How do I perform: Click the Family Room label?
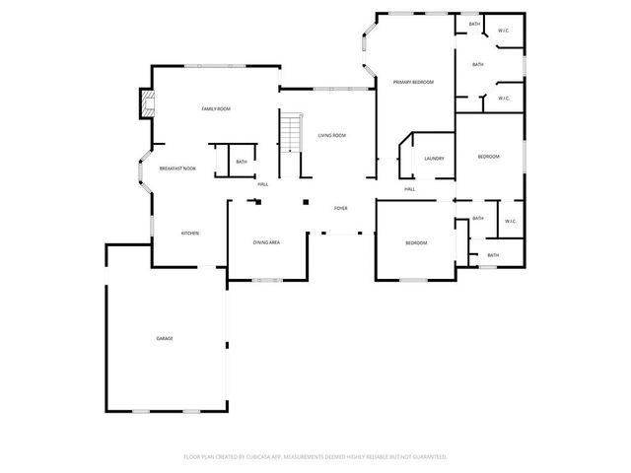point(215,108)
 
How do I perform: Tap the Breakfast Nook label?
point(177,169)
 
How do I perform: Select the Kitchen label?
point(189,233)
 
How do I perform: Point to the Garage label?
point(165,338)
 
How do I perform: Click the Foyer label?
point(340,208)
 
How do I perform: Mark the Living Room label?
point(331,135)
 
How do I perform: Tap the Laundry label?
point(434,158)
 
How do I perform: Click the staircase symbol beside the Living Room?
point(289,131)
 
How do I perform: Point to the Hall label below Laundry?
point(409,188)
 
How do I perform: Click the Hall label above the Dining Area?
point(262,184)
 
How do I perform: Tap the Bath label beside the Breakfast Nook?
point(242,162)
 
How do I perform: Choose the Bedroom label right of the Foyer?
point(416,242)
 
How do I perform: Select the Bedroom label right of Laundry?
point(488,157)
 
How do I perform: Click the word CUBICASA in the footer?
point(267,456)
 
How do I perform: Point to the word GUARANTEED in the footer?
point(429,456)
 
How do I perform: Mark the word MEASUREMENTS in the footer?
point(312,456)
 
